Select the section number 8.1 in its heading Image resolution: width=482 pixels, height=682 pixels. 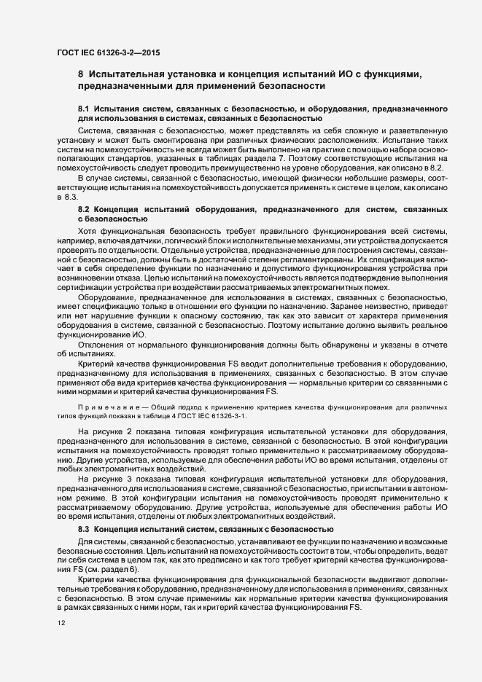84,108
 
